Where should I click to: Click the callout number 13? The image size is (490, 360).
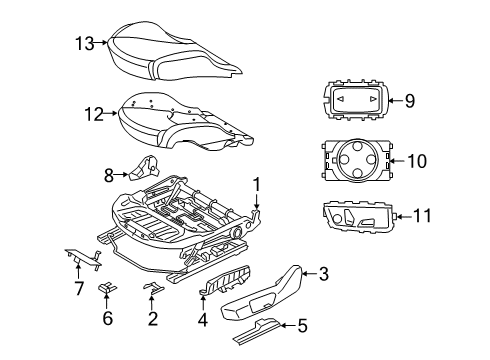87,43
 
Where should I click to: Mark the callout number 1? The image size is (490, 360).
257,184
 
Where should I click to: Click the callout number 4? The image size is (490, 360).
204,321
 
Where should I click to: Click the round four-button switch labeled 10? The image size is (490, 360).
357,158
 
